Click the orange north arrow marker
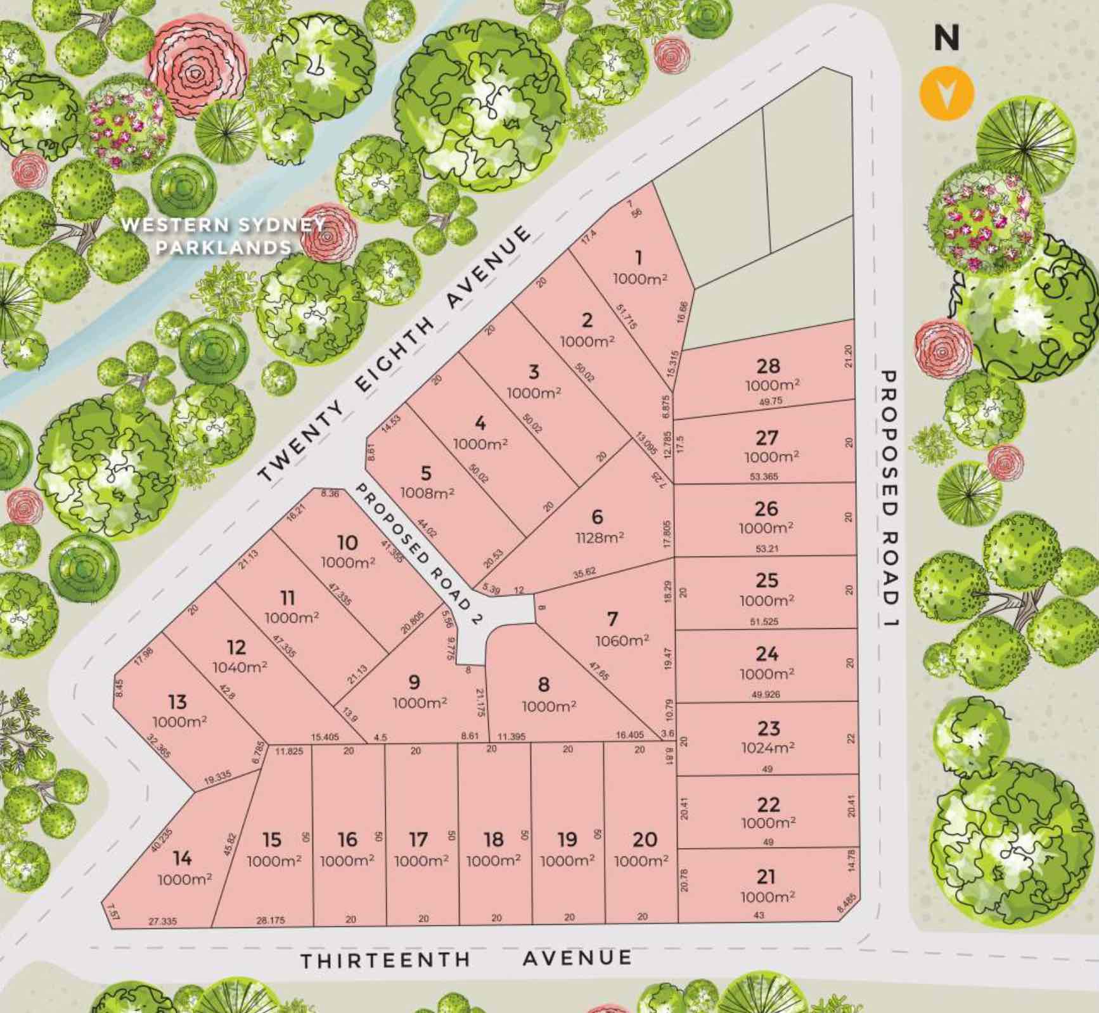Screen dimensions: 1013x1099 point(947,93)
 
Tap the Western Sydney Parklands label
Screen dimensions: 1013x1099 point(223,236)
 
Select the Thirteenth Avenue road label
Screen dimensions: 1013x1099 point(466,959)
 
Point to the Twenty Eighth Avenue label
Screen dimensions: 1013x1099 point(395,354)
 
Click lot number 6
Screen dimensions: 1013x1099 point(597,517)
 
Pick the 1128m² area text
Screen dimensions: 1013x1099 point(599,538)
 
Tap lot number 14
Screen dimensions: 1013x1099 point(182,858)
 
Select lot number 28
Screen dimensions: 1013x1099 point(768,366)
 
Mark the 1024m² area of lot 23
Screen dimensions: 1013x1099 point(768,748)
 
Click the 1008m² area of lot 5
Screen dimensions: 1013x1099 point(427,493)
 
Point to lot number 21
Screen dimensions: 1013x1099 point(766,877)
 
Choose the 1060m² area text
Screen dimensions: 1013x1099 point(622,640)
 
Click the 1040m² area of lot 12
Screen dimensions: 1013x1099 point(240,667)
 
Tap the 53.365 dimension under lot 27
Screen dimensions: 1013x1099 point(764,477)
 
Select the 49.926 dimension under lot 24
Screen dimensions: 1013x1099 point(766,694)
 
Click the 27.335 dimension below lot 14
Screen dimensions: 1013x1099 point(163,921)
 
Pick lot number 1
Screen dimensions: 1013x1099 point(638,257)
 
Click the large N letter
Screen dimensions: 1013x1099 point(946,39)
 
